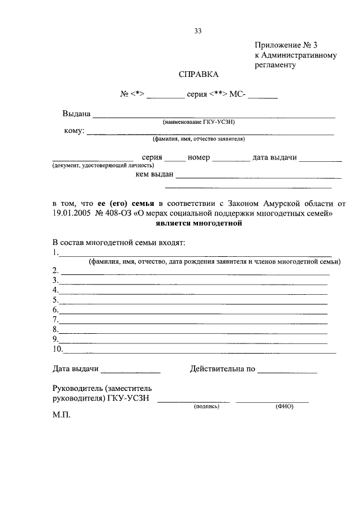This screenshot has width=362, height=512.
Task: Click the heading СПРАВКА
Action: pos(198,75)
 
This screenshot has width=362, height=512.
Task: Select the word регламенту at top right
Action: pos(275,65)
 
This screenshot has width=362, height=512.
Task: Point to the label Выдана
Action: pos(76,114)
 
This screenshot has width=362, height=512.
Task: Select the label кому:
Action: pos(75,131)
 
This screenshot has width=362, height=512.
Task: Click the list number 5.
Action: pos(55,300)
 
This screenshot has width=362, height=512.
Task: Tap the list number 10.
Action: pos(57,349)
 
